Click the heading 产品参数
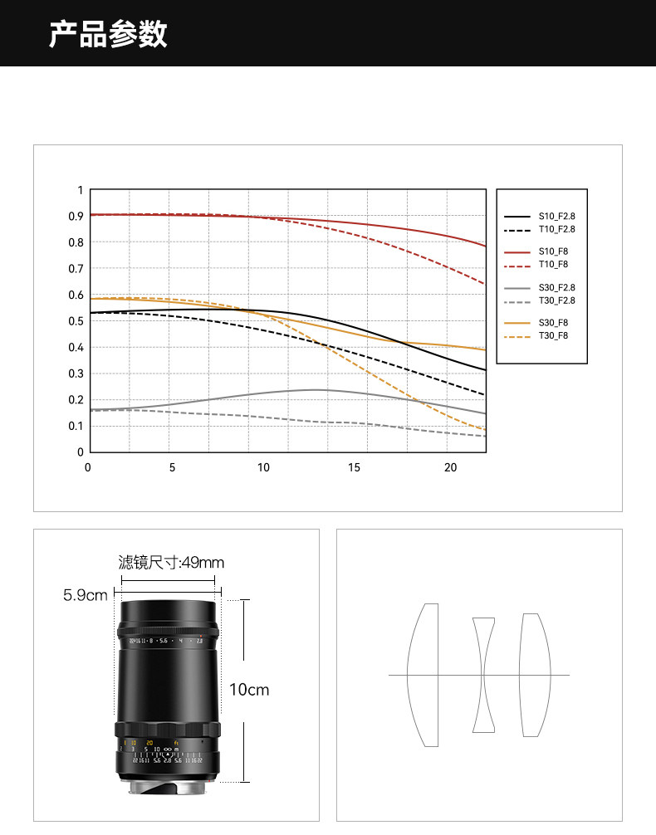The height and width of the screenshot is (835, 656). (108, 34)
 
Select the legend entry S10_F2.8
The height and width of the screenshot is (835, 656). (556, 216)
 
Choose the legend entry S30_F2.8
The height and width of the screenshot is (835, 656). (556, 287)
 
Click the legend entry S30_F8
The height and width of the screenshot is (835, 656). (556, 323)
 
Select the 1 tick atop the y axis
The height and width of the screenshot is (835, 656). (81, 190)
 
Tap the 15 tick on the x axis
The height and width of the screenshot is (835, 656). (354, 468)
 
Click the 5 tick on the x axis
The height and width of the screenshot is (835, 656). (172, 468)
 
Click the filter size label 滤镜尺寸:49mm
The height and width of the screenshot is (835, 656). (171, 563)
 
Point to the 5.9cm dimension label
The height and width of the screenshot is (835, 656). (86, 596)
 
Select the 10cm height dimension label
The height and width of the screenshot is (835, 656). (249, 690)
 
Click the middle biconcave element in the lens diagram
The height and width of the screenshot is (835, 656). (483, 674)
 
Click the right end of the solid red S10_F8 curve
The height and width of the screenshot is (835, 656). (484, 246)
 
